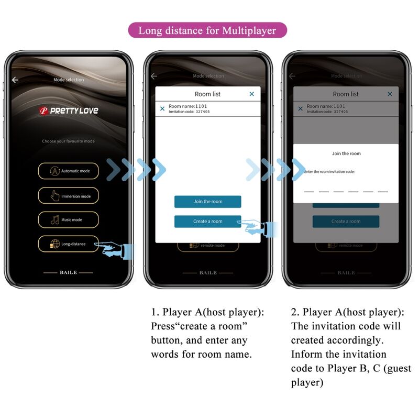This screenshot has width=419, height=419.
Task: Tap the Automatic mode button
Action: tap(68, 171)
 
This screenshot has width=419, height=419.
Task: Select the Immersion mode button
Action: tap(68, 196)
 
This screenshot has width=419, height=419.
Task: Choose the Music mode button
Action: tap(68, 219)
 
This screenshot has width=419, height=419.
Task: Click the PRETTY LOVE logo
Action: tap(69, 111)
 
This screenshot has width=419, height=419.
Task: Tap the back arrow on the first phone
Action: tap(15, 80)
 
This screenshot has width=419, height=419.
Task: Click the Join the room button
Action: tap(207, 202)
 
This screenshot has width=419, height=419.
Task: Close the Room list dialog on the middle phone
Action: tap(251, 94)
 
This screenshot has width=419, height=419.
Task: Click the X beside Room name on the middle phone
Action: tap(162, 108)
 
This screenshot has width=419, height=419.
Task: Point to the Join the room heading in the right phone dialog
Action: tap(346, 153)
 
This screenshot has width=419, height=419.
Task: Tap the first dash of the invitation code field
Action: tap(309, 191)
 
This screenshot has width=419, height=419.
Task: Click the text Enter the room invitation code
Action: tap(329, 172)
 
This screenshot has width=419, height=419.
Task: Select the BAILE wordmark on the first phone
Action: tap(68, 273)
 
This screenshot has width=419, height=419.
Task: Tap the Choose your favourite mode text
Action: tap(69, 141)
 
